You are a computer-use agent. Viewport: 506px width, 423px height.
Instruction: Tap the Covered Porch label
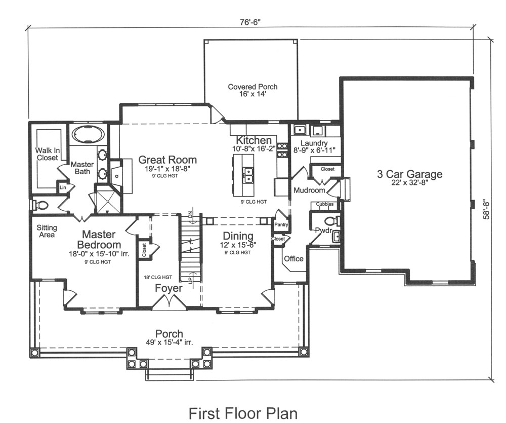[252, 90]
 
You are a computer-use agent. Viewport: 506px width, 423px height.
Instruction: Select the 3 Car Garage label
[409, 175]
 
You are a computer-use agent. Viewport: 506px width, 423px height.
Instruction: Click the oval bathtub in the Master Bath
[88, 135]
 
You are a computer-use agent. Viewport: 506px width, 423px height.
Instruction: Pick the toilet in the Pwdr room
[331, 221]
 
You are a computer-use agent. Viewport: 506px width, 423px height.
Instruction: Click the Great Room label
[167, 160]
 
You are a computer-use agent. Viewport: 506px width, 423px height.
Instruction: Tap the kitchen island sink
[248, 175]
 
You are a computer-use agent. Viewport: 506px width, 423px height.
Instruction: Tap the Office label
[293, 259]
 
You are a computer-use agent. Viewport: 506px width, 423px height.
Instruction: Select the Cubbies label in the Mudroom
[324, 204]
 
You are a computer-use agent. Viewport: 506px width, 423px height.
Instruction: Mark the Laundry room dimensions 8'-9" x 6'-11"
[314, 150]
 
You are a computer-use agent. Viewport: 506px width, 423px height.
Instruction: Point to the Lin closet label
[63, 187]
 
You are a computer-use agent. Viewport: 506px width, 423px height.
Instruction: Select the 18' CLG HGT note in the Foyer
[158, 277]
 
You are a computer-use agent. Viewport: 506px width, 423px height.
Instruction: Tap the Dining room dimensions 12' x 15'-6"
[238, 245]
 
